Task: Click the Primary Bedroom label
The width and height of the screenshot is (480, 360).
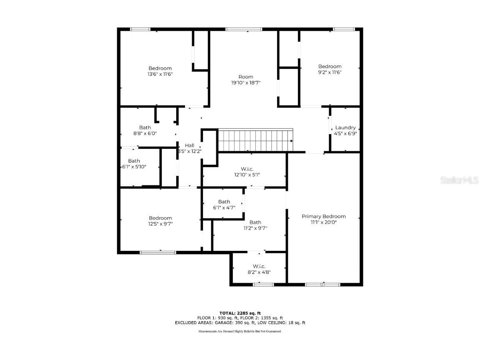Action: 324,216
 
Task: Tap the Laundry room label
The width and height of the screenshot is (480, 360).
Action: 345,127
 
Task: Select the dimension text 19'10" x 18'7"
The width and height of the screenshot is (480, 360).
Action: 246,83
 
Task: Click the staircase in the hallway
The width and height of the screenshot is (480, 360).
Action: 255,140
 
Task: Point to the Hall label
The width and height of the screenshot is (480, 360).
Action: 190,145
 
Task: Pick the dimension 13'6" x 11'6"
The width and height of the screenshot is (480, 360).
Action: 160,74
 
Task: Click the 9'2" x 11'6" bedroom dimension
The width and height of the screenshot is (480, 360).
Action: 330,72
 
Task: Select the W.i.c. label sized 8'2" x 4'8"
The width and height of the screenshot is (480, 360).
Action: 259,266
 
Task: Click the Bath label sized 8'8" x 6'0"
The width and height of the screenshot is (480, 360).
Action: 145,127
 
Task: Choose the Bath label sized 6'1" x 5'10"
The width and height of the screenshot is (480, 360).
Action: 134,161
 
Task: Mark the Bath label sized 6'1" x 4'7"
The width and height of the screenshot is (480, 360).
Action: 224,202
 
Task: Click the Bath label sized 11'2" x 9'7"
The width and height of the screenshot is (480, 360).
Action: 255,222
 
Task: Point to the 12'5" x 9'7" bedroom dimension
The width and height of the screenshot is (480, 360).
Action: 160,224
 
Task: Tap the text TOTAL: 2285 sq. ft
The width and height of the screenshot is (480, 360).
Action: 240,312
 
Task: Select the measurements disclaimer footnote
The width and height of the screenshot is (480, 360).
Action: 240,331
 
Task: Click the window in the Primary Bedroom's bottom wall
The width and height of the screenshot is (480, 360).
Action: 323,285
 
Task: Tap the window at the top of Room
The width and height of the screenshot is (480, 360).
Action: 244,29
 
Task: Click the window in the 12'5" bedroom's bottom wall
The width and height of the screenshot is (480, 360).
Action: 157,252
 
